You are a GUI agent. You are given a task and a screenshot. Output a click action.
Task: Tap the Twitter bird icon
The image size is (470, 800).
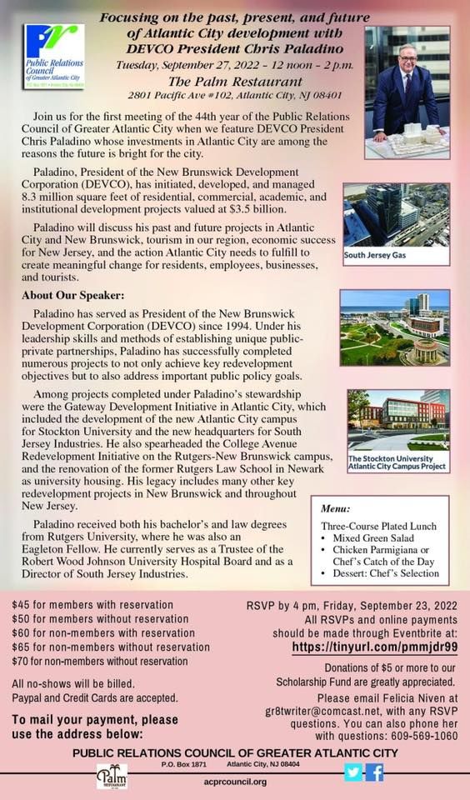point(353,772)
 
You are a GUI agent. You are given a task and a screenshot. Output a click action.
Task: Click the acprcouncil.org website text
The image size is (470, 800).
point(235,782)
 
